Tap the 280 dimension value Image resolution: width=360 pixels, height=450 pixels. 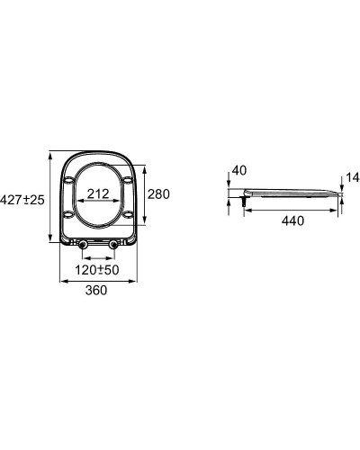point(158,193)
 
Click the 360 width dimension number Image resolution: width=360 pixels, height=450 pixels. point(96,290)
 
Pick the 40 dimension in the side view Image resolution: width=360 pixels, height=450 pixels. point(238,170)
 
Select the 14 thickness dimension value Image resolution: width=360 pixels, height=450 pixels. point(350,178)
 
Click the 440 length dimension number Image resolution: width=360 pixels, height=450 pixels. point(292,220)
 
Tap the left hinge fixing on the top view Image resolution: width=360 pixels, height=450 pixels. point(83,245)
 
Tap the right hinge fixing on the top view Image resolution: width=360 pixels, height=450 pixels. point(112,245)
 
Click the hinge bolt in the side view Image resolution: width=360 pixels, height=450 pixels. point(244,202)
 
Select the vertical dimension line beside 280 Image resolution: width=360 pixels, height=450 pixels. point(144,193)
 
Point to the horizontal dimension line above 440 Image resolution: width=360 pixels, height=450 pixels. point(292,209)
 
